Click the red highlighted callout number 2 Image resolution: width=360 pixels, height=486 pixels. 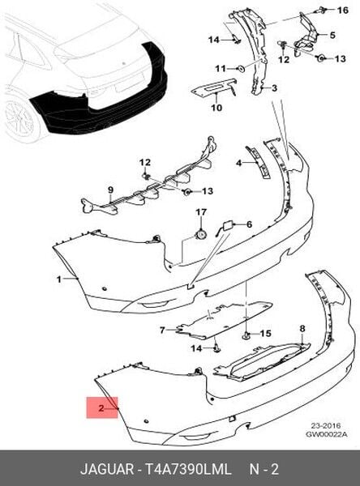101,408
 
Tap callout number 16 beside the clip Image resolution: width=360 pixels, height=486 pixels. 343,11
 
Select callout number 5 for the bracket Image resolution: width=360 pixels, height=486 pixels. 332,35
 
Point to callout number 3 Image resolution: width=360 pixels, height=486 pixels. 274,88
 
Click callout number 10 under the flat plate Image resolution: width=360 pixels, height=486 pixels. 216,108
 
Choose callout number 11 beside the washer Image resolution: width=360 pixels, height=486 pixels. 221,68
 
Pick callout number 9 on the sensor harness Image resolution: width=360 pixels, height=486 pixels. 111,190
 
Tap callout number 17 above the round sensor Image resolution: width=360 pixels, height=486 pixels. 201,212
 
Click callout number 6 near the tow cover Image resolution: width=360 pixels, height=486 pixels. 249,224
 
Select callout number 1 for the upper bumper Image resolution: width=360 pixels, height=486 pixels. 59,279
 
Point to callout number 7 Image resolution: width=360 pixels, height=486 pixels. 162,330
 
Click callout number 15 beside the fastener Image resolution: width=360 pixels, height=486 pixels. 265,334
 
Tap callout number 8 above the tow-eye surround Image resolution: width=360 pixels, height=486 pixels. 302,329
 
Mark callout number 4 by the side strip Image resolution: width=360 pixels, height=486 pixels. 238,163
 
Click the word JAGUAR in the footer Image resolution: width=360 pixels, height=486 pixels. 107,469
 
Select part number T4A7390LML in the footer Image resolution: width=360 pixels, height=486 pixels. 188,469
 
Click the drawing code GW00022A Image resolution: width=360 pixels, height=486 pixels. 327,434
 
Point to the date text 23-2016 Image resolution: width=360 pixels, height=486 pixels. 326,425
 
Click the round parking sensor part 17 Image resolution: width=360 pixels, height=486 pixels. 200,234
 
